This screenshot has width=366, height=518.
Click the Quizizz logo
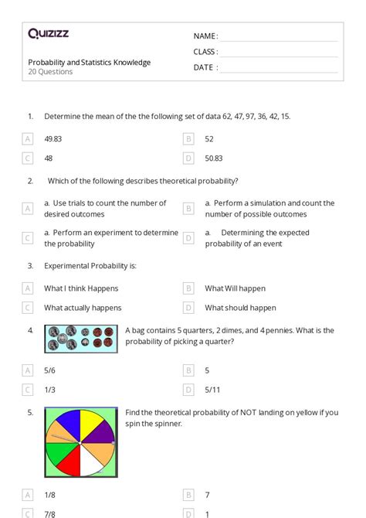[x=49, y=33]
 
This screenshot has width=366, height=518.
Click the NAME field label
[x=205, y=36]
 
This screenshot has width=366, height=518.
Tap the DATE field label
[x=205, y=67]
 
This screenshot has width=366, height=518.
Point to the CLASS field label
[x=205, y=52]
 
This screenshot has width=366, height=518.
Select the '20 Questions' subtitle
[x=50, y=72]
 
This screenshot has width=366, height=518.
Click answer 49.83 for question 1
[x=54, y=139]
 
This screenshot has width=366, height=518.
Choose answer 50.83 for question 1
[x=214, y=158]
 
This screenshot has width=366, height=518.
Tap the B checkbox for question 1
[x=188, y=139]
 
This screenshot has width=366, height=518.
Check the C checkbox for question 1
[x=28, y=158]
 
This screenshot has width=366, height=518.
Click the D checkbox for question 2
[x=188, y=238]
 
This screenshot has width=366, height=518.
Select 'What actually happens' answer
[x=83, y=308]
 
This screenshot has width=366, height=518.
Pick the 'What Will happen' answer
[x=235, y=288]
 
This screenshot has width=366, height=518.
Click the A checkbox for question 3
[x=28, y=288]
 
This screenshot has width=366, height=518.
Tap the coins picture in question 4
[x=81, y=339]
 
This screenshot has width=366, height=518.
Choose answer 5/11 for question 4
[x=212, y=390]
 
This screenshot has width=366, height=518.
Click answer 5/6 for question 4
[x=51, y=370]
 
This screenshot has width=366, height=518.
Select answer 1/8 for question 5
[x=50, y=494]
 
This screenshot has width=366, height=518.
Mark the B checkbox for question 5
[x=188, y=494]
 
